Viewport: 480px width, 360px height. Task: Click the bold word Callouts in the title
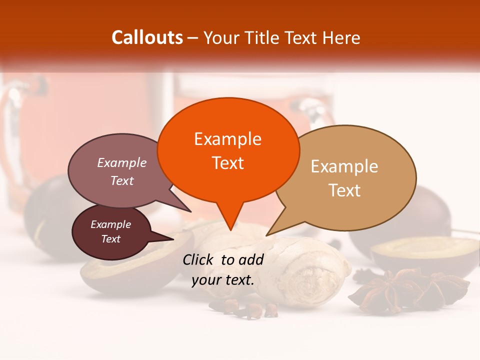coord(147,37)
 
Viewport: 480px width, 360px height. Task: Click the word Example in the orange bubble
coord(227,139)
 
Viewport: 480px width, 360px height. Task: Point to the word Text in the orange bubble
coord(228,163)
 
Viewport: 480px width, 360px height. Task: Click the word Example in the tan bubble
coord(344,166)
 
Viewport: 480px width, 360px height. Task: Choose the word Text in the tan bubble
coord(345,190)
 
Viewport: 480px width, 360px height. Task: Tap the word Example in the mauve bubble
coord(122,163)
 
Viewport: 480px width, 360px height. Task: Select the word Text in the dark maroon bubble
coord(111,239)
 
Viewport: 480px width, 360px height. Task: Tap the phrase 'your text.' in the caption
coord(223,280)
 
